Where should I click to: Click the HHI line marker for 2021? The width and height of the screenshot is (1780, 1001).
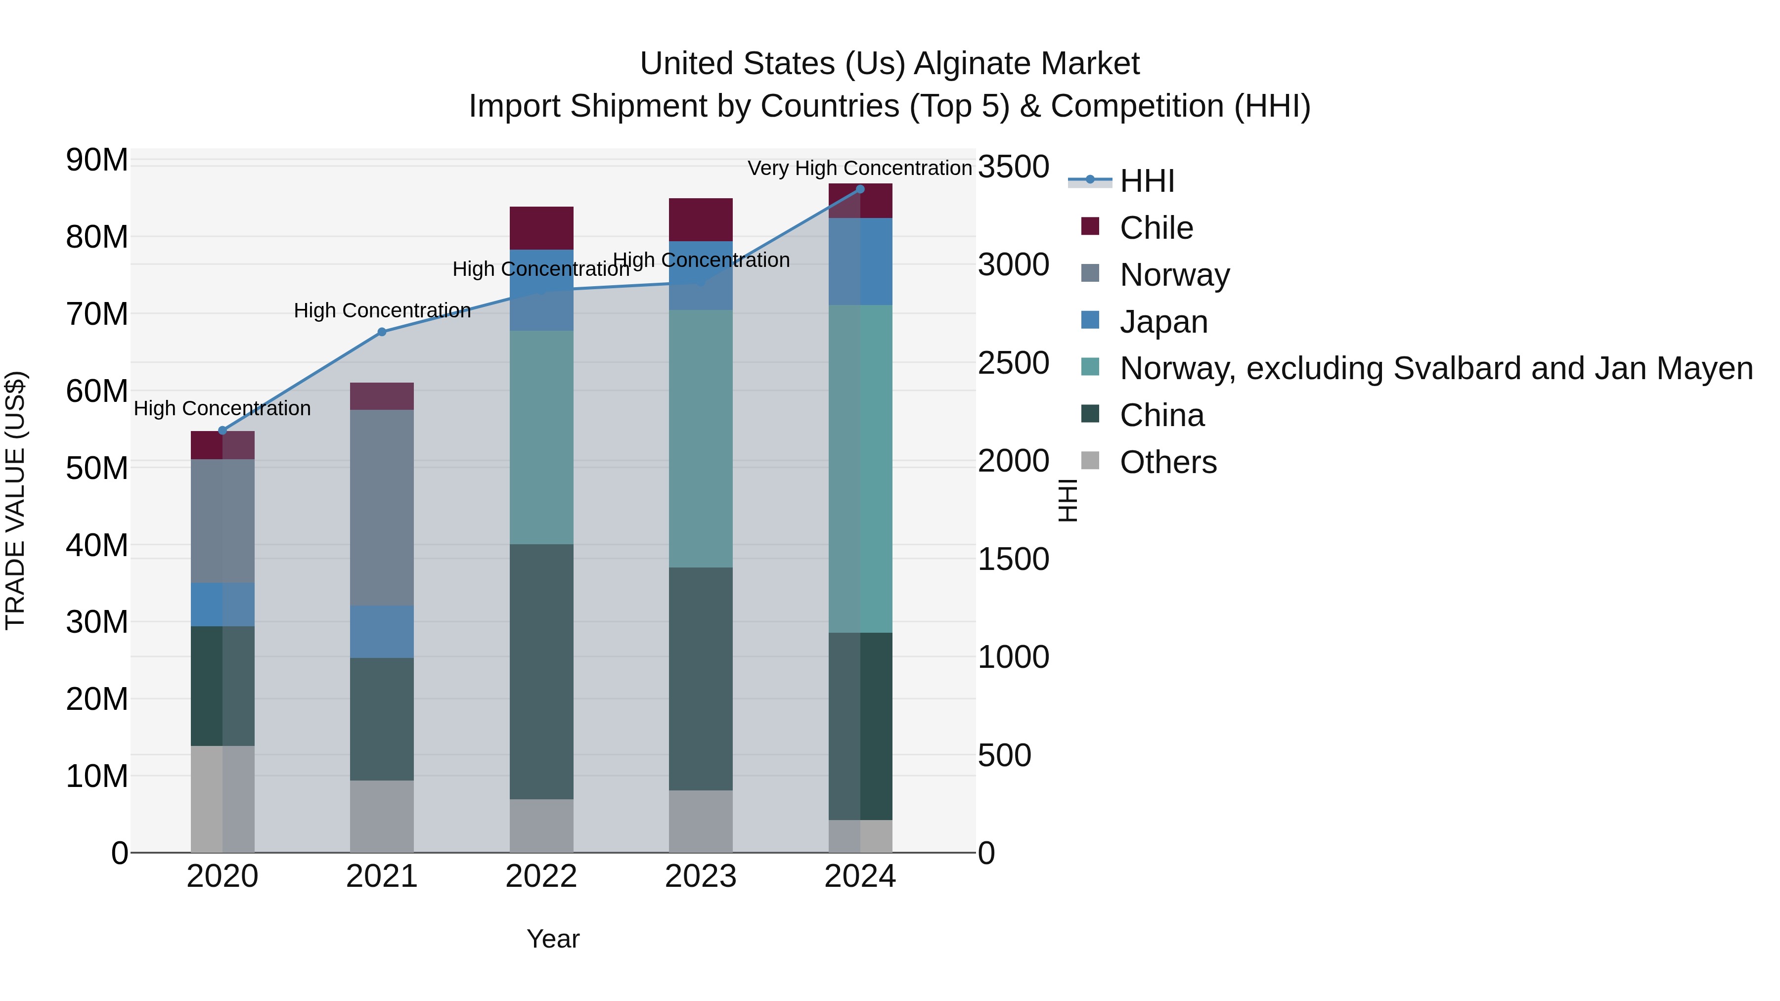381,332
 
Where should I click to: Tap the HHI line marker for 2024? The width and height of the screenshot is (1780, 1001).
860,189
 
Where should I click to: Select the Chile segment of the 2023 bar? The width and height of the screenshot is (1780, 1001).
701,219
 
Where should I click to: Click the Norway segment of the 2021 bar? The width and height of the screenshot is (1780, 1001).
381,507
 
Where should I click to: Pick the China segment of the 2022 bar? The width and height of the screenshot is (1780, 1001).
541,671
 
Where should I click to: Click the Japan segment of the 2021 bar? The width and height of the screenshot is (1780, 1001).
381,631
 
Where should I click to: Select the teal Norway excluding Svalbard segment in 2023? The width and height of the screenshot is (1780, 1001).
701,438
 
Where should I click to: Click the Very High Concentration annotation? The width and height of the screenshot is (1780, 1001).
860,168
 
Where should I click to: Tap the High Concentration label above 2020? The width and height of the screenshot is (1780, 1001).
222,408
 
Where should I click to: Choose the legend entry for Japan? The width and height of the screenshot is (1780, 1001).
1163,322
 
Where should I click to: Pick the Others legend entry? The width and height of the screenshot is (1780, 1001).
1168,462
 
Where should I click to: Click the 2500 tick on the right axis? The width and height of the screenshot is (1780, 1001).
1013,363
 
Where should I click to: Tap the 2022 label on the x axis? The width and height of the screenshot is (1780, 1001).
541,876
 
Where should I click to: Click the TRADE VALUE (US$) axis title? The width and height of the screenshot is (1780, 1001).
15,500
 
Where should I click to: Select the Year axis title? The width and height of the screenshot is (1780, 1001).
553,939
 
